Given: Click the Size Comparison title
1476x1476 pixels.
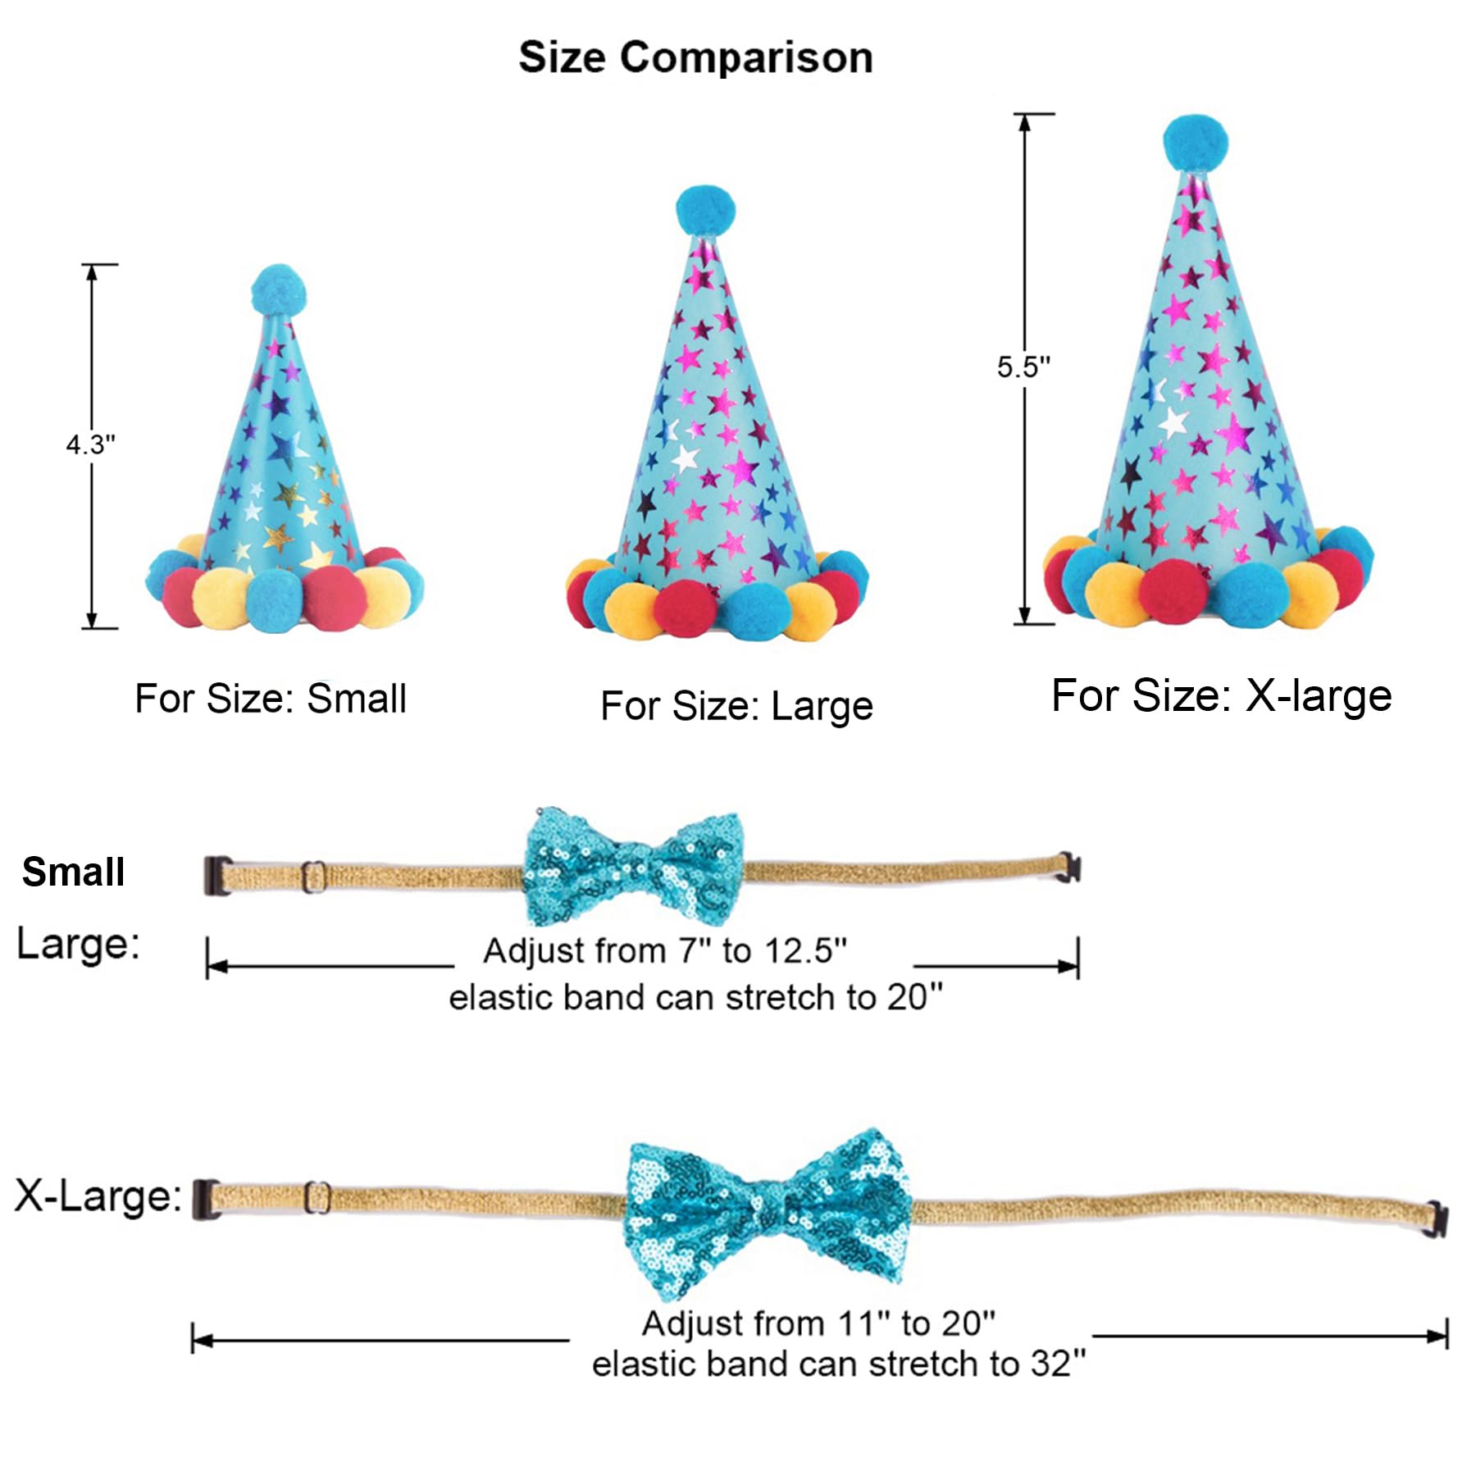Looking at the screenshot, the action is pyautogui.click(x=695, y=57).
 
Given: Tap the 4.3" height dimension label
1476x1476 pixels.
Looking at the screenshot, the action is pyautogui.click(x=91, y=444).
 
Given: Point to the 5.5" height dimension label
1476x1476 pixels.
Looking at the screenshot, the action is pyautogui.click(x=1023, y=367).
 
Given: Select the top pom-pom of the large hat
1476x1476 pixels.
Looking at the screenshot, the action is pyautogui.click(x=705, y=210).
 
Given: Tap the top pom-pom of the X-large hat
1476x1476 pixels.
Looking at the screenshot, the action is pyautogui.click(x=1196, y=143).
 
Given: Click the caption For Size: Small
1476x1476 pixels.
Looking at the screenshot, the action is pyautogui.click(x=271, y=699).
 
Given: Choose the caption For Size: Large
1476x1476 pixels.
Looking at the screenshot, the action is pyautogui.click(x=736, y=706).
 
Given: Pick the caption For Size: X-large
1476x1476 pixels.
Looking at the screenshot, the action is pyautogui.click(x=1222, y=695).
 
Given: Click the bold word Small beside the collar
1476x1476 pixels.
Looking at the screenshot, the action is pyautogui.click(x=74, y=871).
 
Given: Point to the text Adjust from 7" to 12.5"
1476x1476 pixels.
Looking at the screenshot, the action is pyautogui.click(x=665, y=951).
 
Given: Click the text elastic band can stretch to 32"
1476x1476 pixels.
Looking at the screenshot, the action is pyautogui.click(x=839, y=1364).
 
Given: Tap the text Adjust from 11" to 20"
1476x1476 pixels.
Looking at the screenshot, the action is pyautogui.click(x=818, y=1323).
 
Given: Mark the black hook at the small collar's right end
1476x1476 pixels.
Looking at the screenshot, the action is pyautogui.click(x=1069, y=867).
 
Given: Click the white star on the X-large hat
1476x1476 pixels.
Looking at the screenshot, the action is pyautogui.click(x=1173, y=422).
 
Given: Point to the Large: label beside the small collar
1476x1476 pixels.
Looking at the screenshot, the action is pyautogui.click(x=79, y=944).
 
